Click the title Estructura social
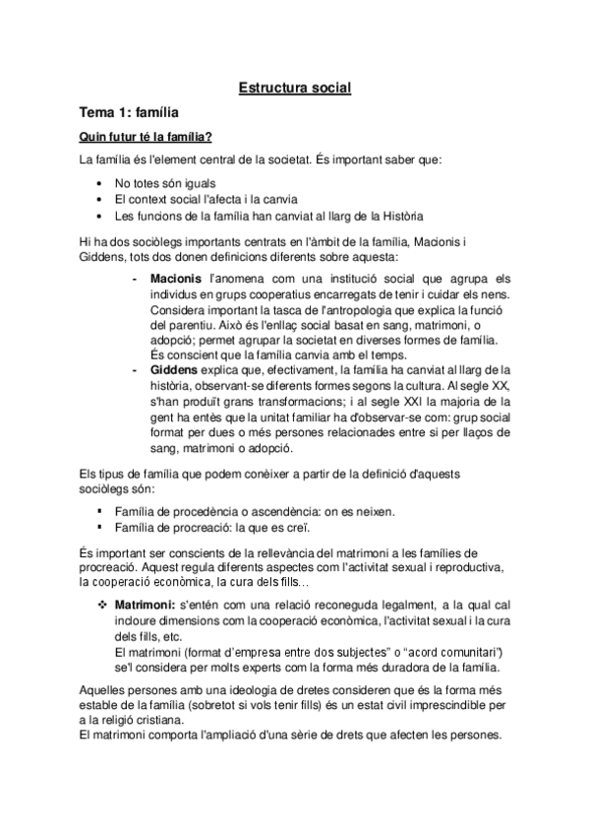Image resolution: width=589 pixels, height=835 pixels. click(x=295, y=89)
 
